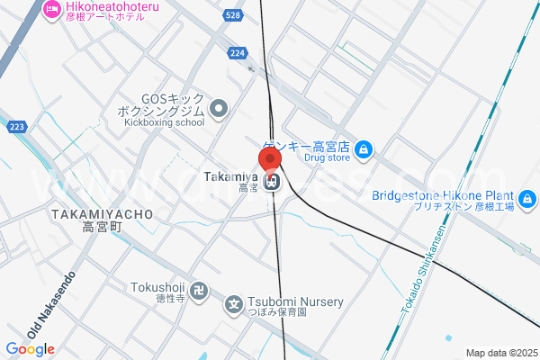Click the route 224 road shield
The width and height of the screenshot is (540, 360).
238,53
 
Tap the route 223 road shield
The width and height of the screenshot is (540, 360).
15,127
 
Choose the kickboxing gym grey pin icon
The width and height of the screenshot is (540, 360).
219,110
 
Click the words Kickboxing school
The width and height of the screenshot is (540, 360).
165,122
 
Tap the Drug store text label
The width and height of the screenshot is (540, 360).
326,157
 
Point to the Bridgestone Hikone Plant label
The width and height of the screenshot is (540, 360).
443,196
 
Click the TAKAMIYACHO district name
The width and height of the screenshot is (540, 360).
102,214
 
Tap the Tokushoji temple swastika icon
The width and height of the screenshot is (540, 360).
202,293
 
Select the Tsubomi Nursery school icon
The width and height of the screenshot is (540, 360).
234,303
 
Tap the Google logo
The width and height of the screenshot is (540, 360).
31,349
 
